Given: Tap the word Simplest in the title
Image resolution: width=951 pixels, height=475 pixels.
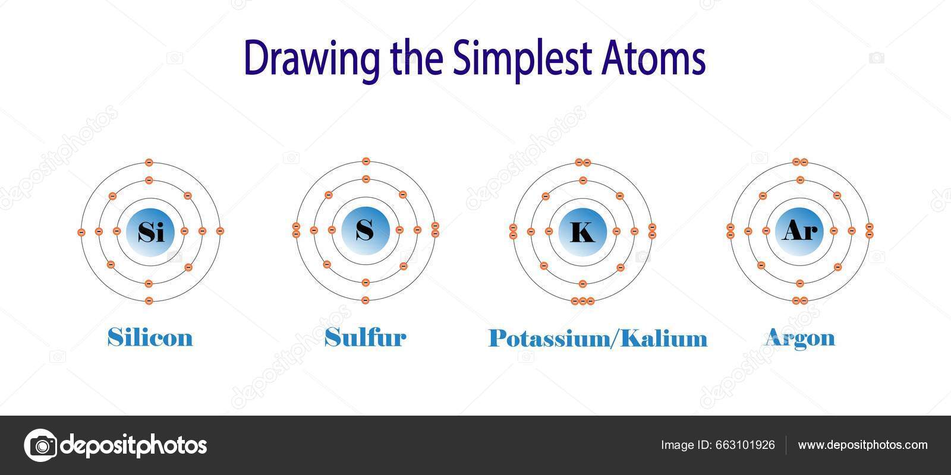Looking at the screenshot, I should (519, 59).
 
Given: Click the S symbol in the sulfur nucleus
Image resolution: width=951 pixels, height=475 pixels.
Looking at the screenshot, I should (365, 230).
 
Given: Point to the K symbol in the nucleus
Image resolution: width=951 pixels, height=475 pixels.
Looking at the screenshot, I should (582, 232).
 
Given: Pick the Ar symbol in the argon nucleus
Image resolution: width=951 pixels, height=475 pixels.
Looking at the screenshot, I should (799, 230).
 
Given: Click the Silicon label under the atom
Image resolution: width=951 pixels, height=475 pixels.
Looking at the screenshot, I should (150, 337).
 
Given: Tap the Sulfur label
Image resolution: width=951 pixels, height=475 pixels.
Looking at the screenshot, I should (365, 337).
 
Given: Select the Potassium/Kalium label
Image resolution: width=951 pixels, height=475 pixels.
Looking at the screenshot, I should (598, 338).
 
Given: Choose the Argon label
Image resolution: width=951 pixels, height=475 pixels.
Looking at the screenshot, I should (799, 337).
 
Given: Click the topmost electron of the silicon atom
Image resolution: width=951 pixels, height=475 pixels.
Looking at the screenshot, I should (149, 162).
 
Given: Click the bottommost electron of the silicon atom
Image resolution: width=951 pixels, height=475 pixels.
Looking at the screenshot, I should (149, 300).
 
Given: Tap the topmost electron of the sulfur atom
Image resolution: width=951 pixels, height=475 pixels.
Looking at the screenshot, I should (366, 161).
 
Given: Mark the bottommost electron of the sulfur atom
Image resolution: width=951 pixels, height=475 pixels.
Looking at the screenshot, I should (366, 300).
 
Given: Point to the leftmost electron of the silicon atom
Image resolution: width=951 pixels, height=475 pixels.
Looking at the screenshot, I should (81, 232).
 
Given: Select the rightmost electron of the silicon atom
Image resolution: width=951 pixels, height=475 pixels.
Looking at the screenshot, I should (220, 231).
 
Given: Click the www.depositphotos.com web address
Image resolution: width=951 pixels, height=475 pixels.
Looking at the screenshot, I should (862, 445).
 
